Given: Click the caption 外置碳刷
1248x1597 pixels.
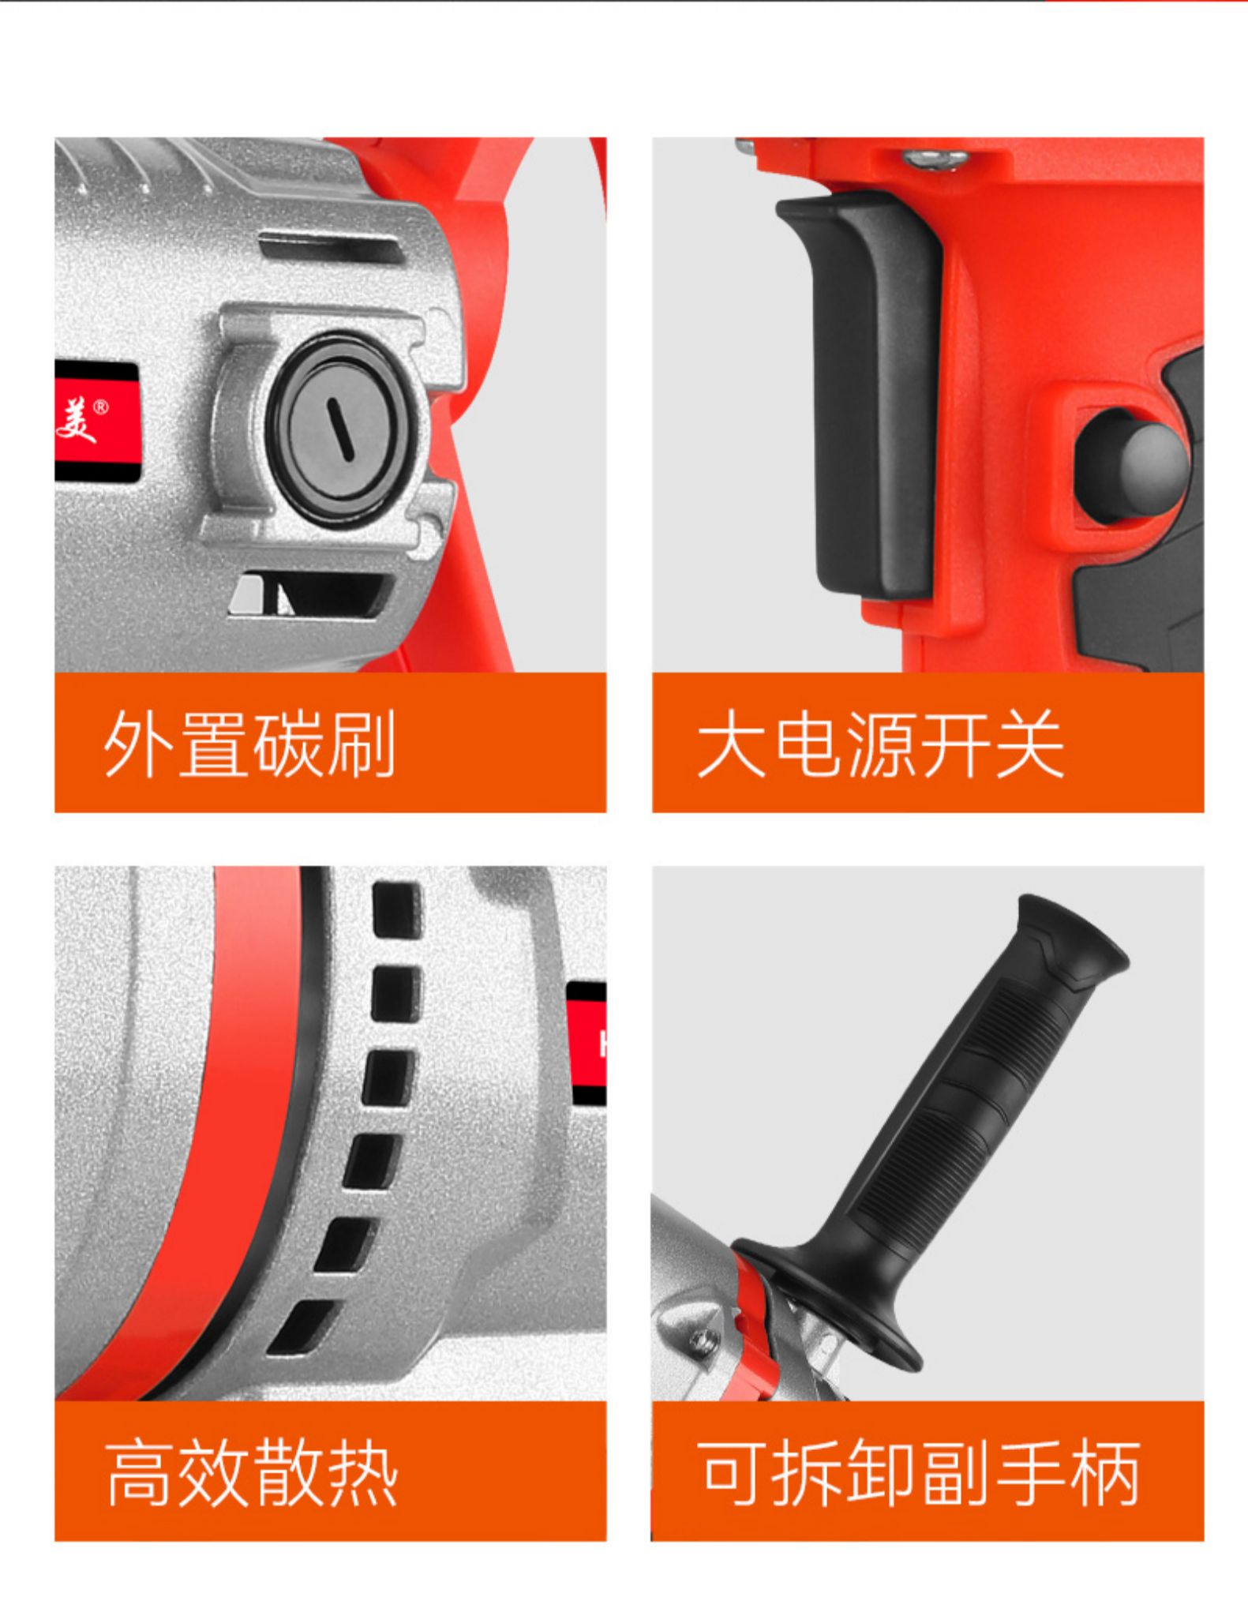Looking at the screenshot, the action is coord(249,744).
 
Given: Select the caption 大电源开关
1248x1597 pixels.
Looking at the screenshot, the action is coord(879,744).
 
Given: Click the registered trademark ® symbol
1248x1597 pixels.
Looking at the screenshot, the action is coord(101,407).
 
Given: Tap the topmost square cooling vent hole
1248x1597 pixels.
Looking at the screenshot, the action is coord(396,909).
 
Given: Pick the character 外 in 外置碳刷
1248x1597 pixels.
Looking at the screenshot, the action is coord(139,744).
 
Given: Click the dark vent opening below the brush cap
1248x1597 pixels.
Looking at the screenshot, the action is coord(312,594).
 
